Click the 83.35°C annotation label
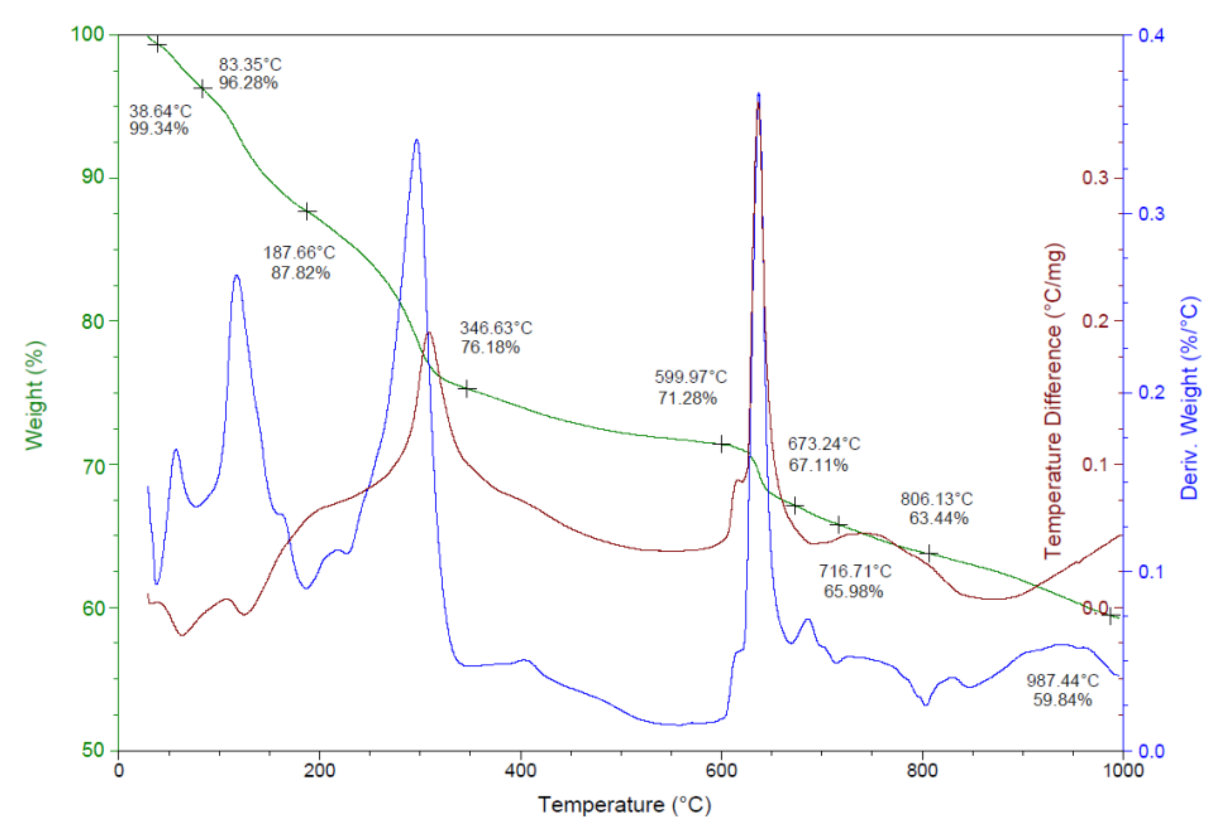[x=250, y=65]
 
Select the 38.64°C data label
[x=160, y=111]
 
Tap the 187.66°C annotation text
[x=299, y=253]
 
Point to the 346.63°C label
[x=496, y=328]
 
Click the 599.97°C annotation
[x=690, y=377]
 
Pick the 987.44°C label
[x=1063, y=681]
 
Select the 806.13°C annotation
[x=936, y=499]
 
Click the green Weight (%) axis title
[x=35, y=395]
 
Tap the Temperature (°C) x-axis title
[x=624, y=805]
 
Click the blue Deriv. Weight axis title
[x=1189, y=398]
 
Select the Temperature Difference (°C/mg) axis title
[x=1054, y=400]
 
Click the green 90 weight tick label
[x=93, y=177]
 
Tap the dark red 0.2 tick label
[x=1095, y=321]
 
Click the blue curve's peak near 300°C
[x=416, y=140]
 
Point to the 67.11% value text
[x=818, y=465]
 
